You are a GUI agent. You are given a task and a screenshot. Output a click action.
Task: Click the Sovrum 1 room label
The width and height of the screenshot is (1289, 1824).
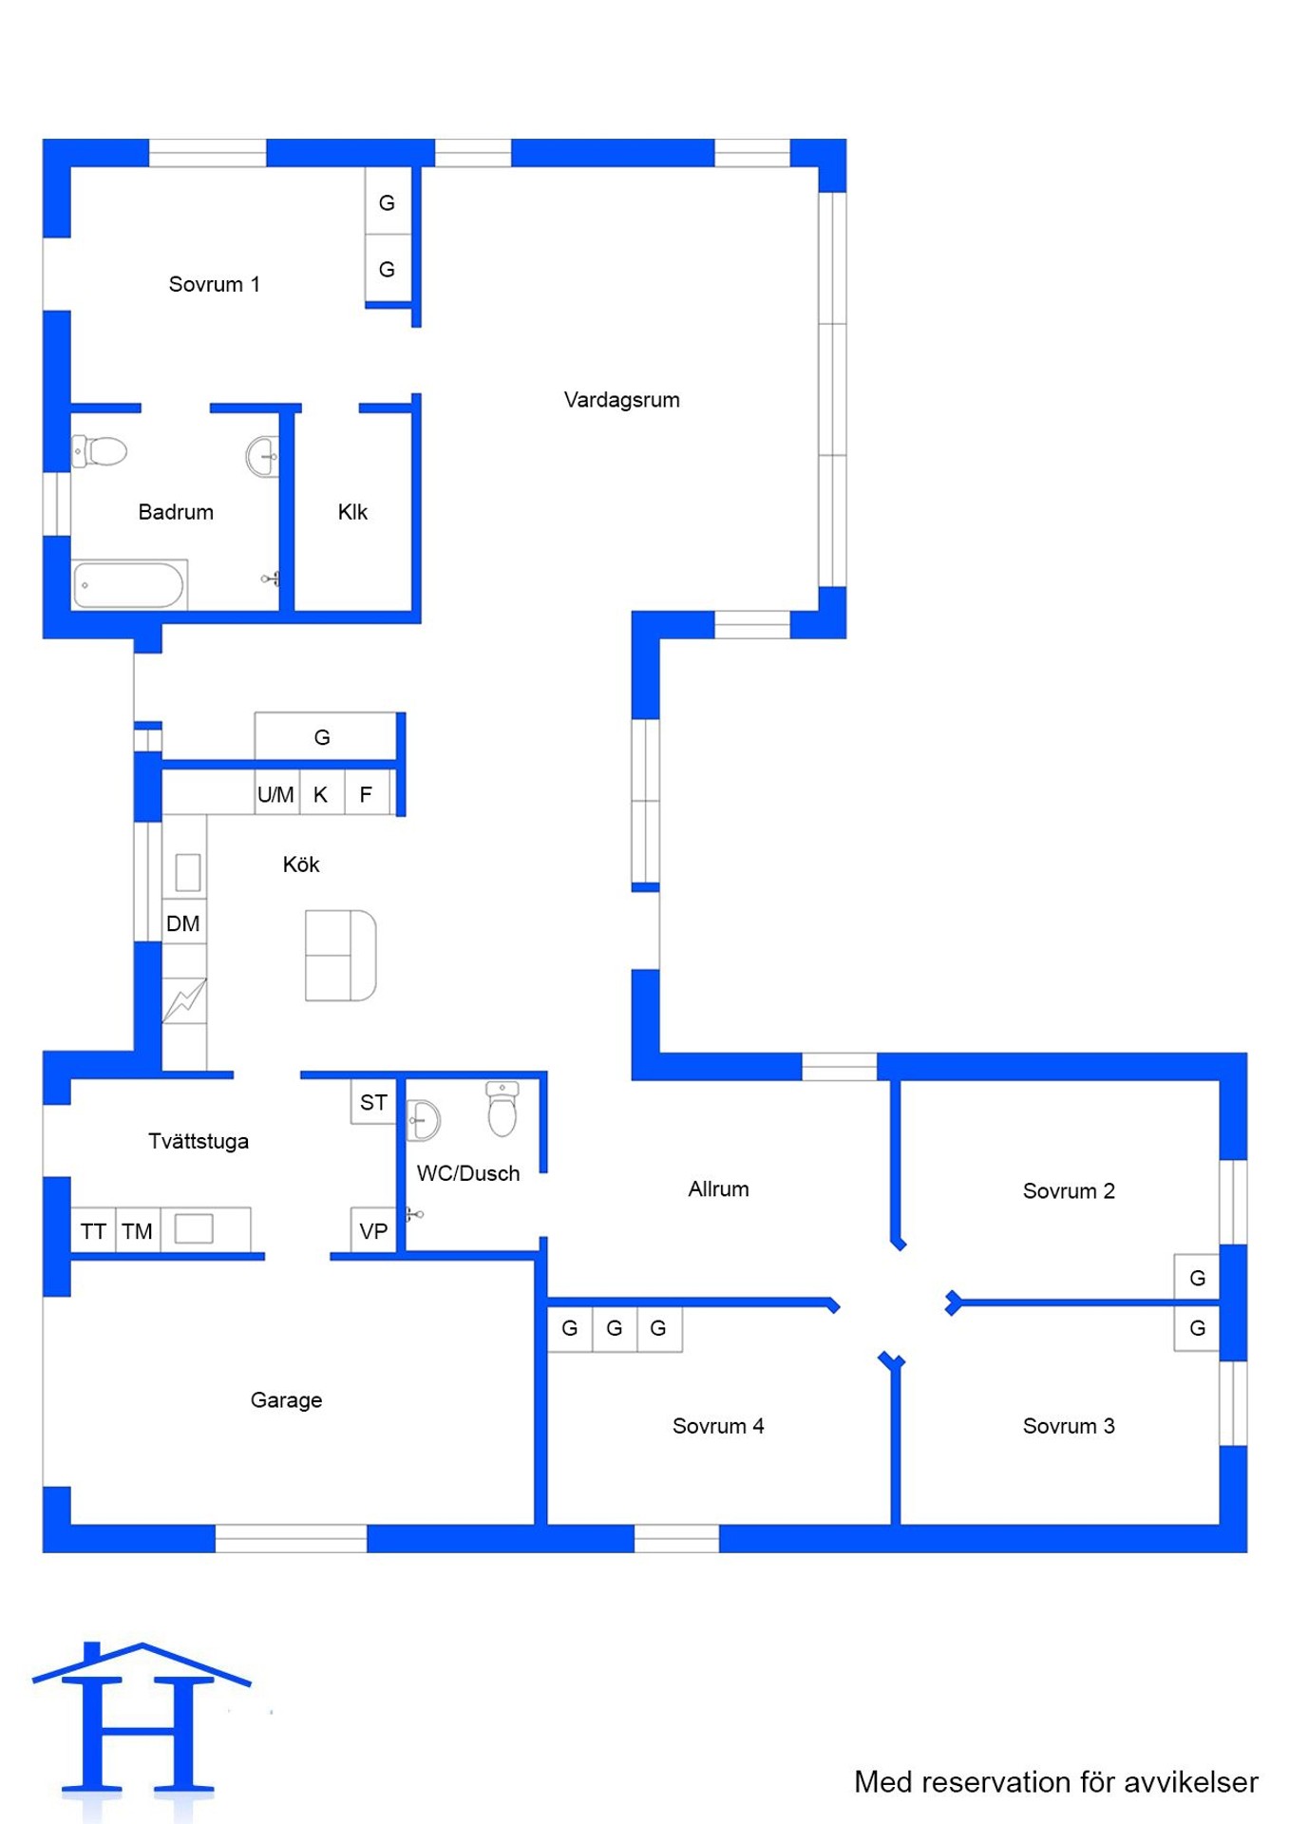[214, 284]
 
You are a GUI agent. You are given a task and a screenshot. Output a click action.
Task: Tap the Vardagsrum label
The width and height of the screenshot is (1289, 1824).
[621, 400]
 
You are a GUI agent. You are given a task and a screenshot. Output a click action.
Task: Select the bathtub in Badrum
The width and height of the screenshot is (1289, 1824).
[129, 584]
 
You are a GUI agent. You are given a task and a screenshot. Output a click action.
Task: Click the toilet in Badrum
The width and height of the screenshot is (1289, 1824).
[100, 450]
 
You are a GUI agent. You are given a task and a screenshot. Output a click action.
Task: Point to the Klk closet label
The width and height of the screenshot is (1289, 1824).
[352, 512]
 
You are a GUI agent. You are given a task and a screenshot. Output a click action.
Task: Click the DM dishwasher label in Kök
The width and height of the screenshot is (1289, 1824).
[182, 923]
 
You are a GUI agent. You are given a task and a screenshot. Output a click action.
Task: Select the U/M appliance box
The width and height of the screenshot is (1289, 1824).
[276, 794]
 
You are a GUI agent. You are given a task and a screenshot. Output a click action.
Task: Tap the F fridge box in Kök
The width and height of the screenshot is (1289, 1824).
[367, 794]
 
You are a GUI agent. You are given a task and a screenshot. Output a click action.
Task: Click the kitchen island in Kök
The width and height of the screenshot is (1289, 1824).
[340, 956]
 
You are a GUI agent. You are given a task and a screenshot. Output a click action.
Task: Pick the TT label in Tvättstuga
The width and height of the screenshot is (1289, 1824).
[93, 1231]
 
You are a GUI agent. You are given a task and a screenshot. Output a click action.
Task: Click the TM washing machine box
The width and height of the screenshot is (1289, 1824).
[138, 1231]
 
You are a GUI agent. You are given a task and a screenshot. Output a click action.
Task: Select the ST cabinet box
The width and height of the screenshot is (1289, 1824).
[373, 1102]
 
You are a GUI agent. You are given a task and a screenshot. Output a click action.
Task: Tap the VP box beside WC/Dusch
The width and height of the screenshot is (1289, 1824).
[373, 1231]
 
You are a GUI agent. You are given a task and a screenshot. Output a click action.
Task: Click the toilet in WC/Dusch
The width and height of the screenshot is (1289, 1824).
[502, 1109]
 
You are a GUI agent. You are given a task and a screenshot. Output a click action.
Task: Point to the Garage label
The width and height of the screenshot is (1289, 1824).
[286, 1400]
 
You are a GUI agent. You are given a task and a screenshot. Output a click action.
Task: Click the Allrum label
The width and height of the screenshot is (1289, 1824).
[718, 1189]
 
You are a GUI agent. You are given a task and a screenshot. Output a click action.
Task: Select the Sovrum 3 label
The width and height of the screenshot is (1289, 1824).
[1069, 1426]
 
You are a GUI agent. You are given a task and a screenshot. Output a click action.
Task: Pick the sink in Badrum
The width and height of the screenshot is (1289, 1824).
[262, 457]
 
